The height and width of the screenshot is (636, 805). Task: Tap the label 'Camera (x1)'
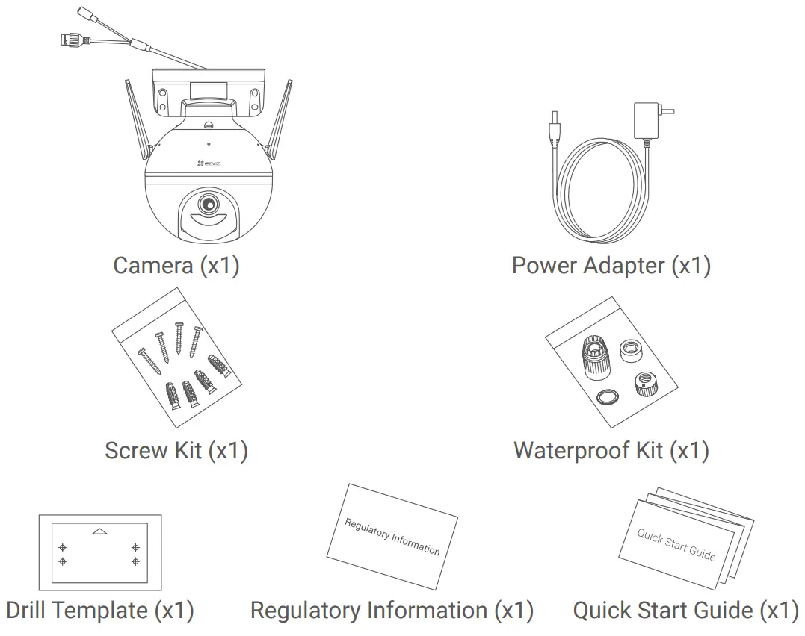[176, 265]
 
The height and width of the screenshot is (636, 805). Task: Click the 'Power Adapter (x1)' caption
[611, 265]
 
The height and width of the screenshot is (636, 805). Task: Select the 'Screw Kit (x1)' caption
[176, 450]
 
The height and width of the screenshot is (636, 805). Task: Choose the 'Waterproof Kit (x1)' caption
[611, 450]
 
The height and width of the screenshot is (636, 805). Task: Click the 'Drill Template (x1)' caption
[99, 611]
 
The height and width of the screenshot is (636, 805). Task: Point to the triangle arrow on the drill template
[99, 531]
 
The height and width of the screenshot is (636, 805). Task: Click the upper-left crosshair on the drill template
[63, 546]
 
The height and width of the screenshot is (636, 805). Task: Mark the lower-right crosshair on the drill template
[135, 561]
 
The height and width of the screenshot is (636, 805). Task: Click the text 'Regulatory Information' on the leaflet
[392, 536]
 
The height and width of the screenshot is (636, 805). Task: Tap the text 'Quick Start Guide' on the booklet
[676, 545]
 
